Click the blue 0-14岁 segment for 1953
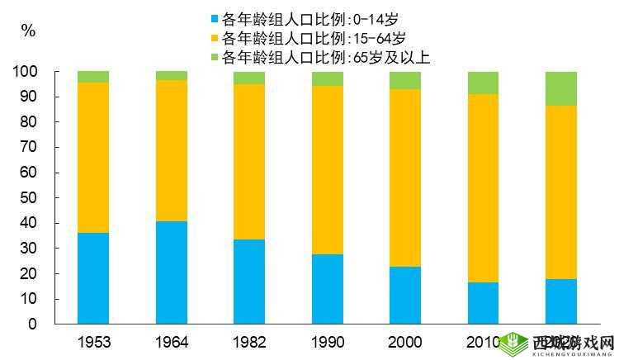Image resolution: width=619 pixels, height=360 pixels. (93, 278)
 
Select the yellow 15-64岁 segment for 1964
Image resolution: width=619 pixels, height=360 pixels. (172, 150)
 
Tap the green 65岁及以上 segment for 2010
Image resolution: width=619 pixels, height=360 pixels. (483, 83)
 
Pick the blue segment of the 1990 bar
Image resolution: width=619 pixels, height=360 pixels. (328, 289)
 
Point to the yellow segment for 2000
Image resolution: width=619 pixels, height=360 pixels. (405, 178)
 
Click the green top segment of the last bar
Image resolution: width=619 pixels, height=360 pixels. (561, 88)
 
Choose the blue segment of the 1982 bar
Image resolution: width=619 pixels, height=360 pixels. (249, 282)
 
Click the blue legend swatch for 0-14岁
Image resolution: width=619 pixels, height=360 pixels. (215, 18)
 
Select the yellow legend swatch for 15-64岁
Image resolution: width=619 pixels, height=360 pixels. (215, 38)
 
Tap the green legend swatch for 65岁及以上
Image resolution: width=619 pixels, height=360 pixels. (215, 58)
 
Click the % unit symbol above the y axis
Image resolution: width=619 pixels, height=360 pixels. (28, 31)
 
